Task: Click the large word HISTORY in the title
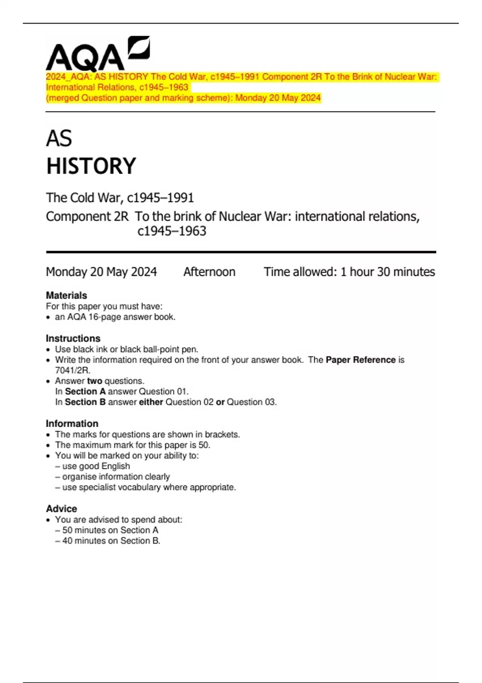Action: click(x=91, y=166)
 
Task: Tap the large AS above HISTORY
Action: click(x=59, y=139)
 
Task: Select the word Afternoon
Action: click(x=209, y=272)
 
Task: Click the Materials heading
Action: click(x=66, y=295)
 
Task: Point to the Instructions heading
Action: click(x=73, y=338)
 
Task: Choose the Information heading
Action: click(x=72, y=423)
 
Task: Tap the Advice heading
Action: click(x=61, y=509)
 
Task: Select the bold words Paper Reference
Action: click(x=360, y=360)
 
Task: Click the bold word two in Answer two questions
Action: click(x=94, y=381)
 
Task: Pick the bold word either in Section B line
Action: click(x=151, y=402)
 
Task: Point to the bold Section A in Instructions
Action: click(x=85, y=391)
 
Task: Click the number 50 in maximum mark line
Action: click(x=204, y=445)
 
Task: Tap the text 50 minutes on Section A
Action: click(x=110, y=530)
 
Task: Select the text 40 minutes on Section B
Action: click(x=111, y=541)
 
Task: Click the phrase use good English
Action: click(x=96, y=466)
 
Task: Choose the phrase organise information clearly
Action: click(x=116, y=476)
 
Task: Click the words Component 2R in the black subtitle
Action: click(x=87, y=217)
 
